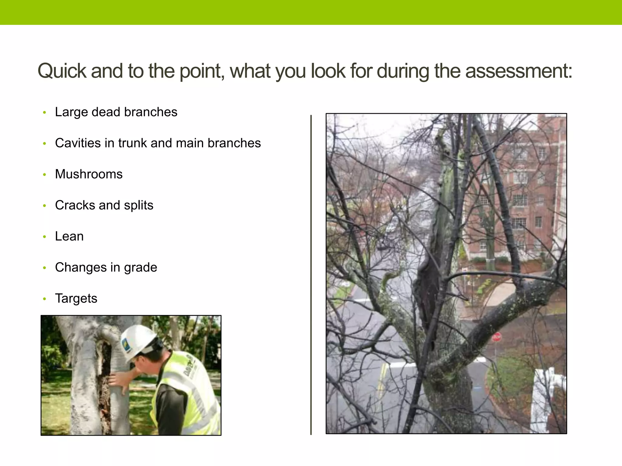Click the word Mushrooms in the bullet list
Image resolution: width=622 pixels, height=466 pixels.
89,174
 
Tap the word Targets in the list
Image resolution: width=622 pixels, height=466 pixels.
76,299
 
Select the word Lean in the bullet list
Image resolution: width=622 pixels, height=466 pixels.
69,236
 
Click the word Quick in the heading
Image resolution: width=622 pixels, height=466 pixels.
62,71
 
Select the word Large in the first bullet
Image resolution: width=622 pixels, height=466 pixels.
71,112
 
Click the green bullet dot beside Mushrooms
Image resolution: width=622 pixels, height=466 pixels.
45,175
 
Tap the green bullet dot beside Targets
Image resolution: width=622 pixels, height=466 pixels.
45,299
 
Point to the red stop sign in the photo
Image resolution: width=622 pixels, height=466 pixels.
496,337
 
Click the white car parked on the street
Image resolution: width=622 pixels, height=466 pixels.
392,225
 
